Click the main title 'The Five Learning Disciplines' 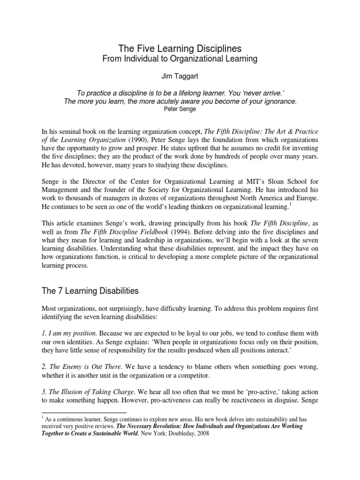click(180, 49)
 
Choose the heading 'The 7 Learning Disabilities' click(90, 291)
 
